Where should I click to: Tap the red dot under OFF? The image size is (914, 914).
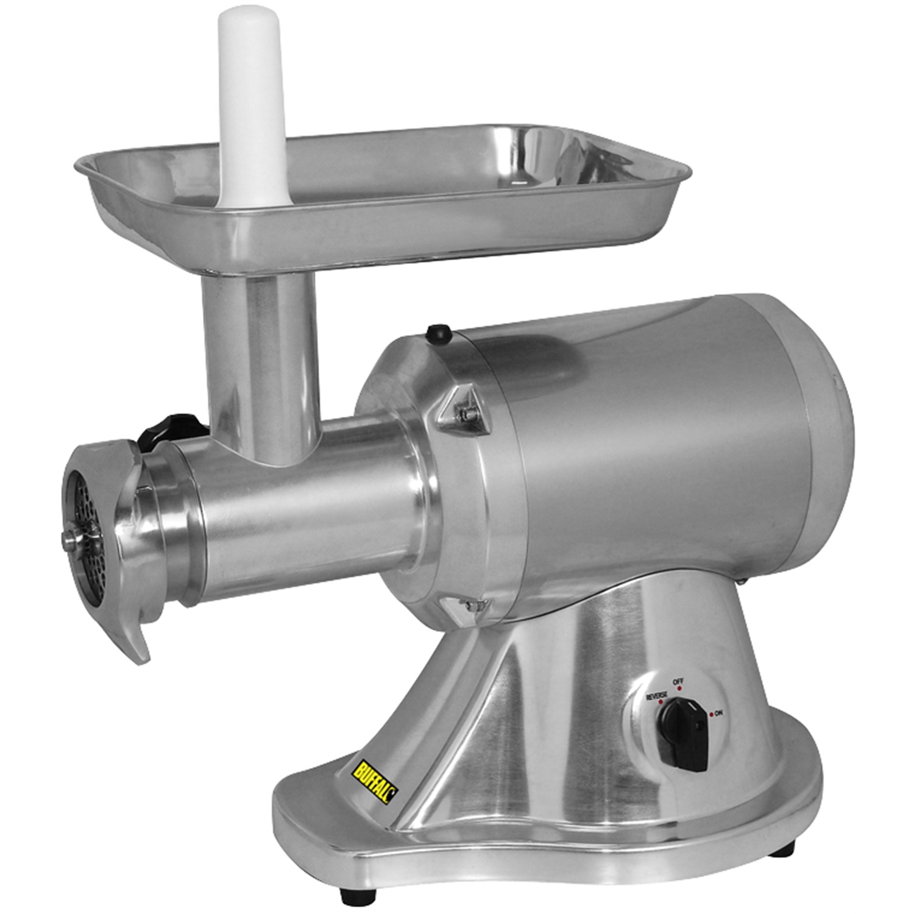tap(679, 688)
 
